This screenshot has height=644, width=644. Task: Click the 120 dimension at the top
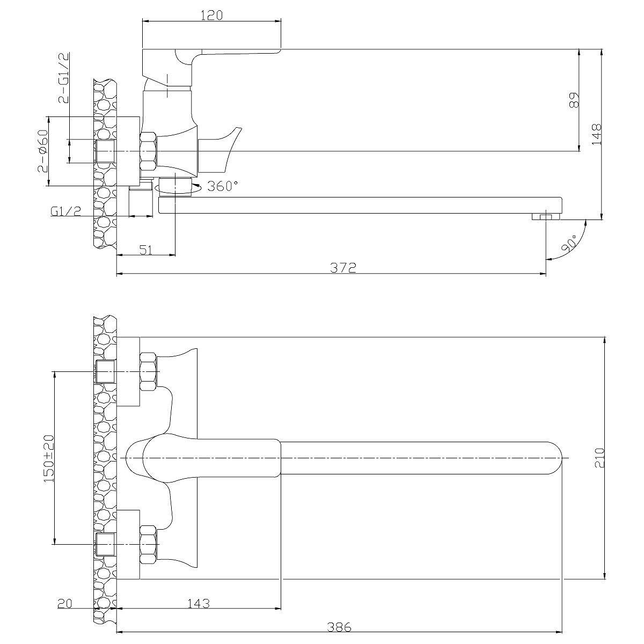click(212, 15)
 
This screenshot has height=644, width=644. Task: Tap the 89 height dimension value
click(574, 100)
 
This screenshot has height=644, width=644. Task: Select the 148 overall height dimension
click(596, 134)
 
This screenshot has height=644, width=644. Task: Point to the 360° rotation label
click(223, 186)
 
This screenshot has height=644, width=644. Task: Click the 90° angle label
click(569, 243)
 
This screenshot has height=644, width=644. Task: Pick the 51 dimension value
click(146, 250)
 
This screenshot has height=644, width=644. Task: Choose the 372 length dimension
click(343, 268)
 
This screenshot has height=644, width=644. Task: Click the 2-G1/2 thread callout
click(63, 77)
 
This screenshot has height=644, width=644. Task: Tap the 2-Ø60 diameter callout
click(43, 151)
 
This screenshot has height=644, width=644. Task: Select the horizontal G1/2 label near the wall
click(66, 211)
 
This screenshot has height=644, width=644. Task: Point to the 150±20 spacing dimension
click(48, 458)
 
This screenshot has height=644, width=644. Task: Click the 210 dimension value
click(600, 458)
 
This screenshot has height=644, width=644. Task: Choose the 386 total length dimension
click(339, 627)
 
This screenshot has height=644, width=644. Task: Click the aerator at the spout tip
click(546, 217)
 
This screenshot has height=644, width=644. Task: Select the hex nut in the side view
click(148, 151)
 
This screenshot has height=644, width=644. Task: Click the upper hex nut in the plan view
click(148, 371)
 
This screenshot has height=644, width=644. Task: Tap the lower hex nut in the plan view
click(148, 544)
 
